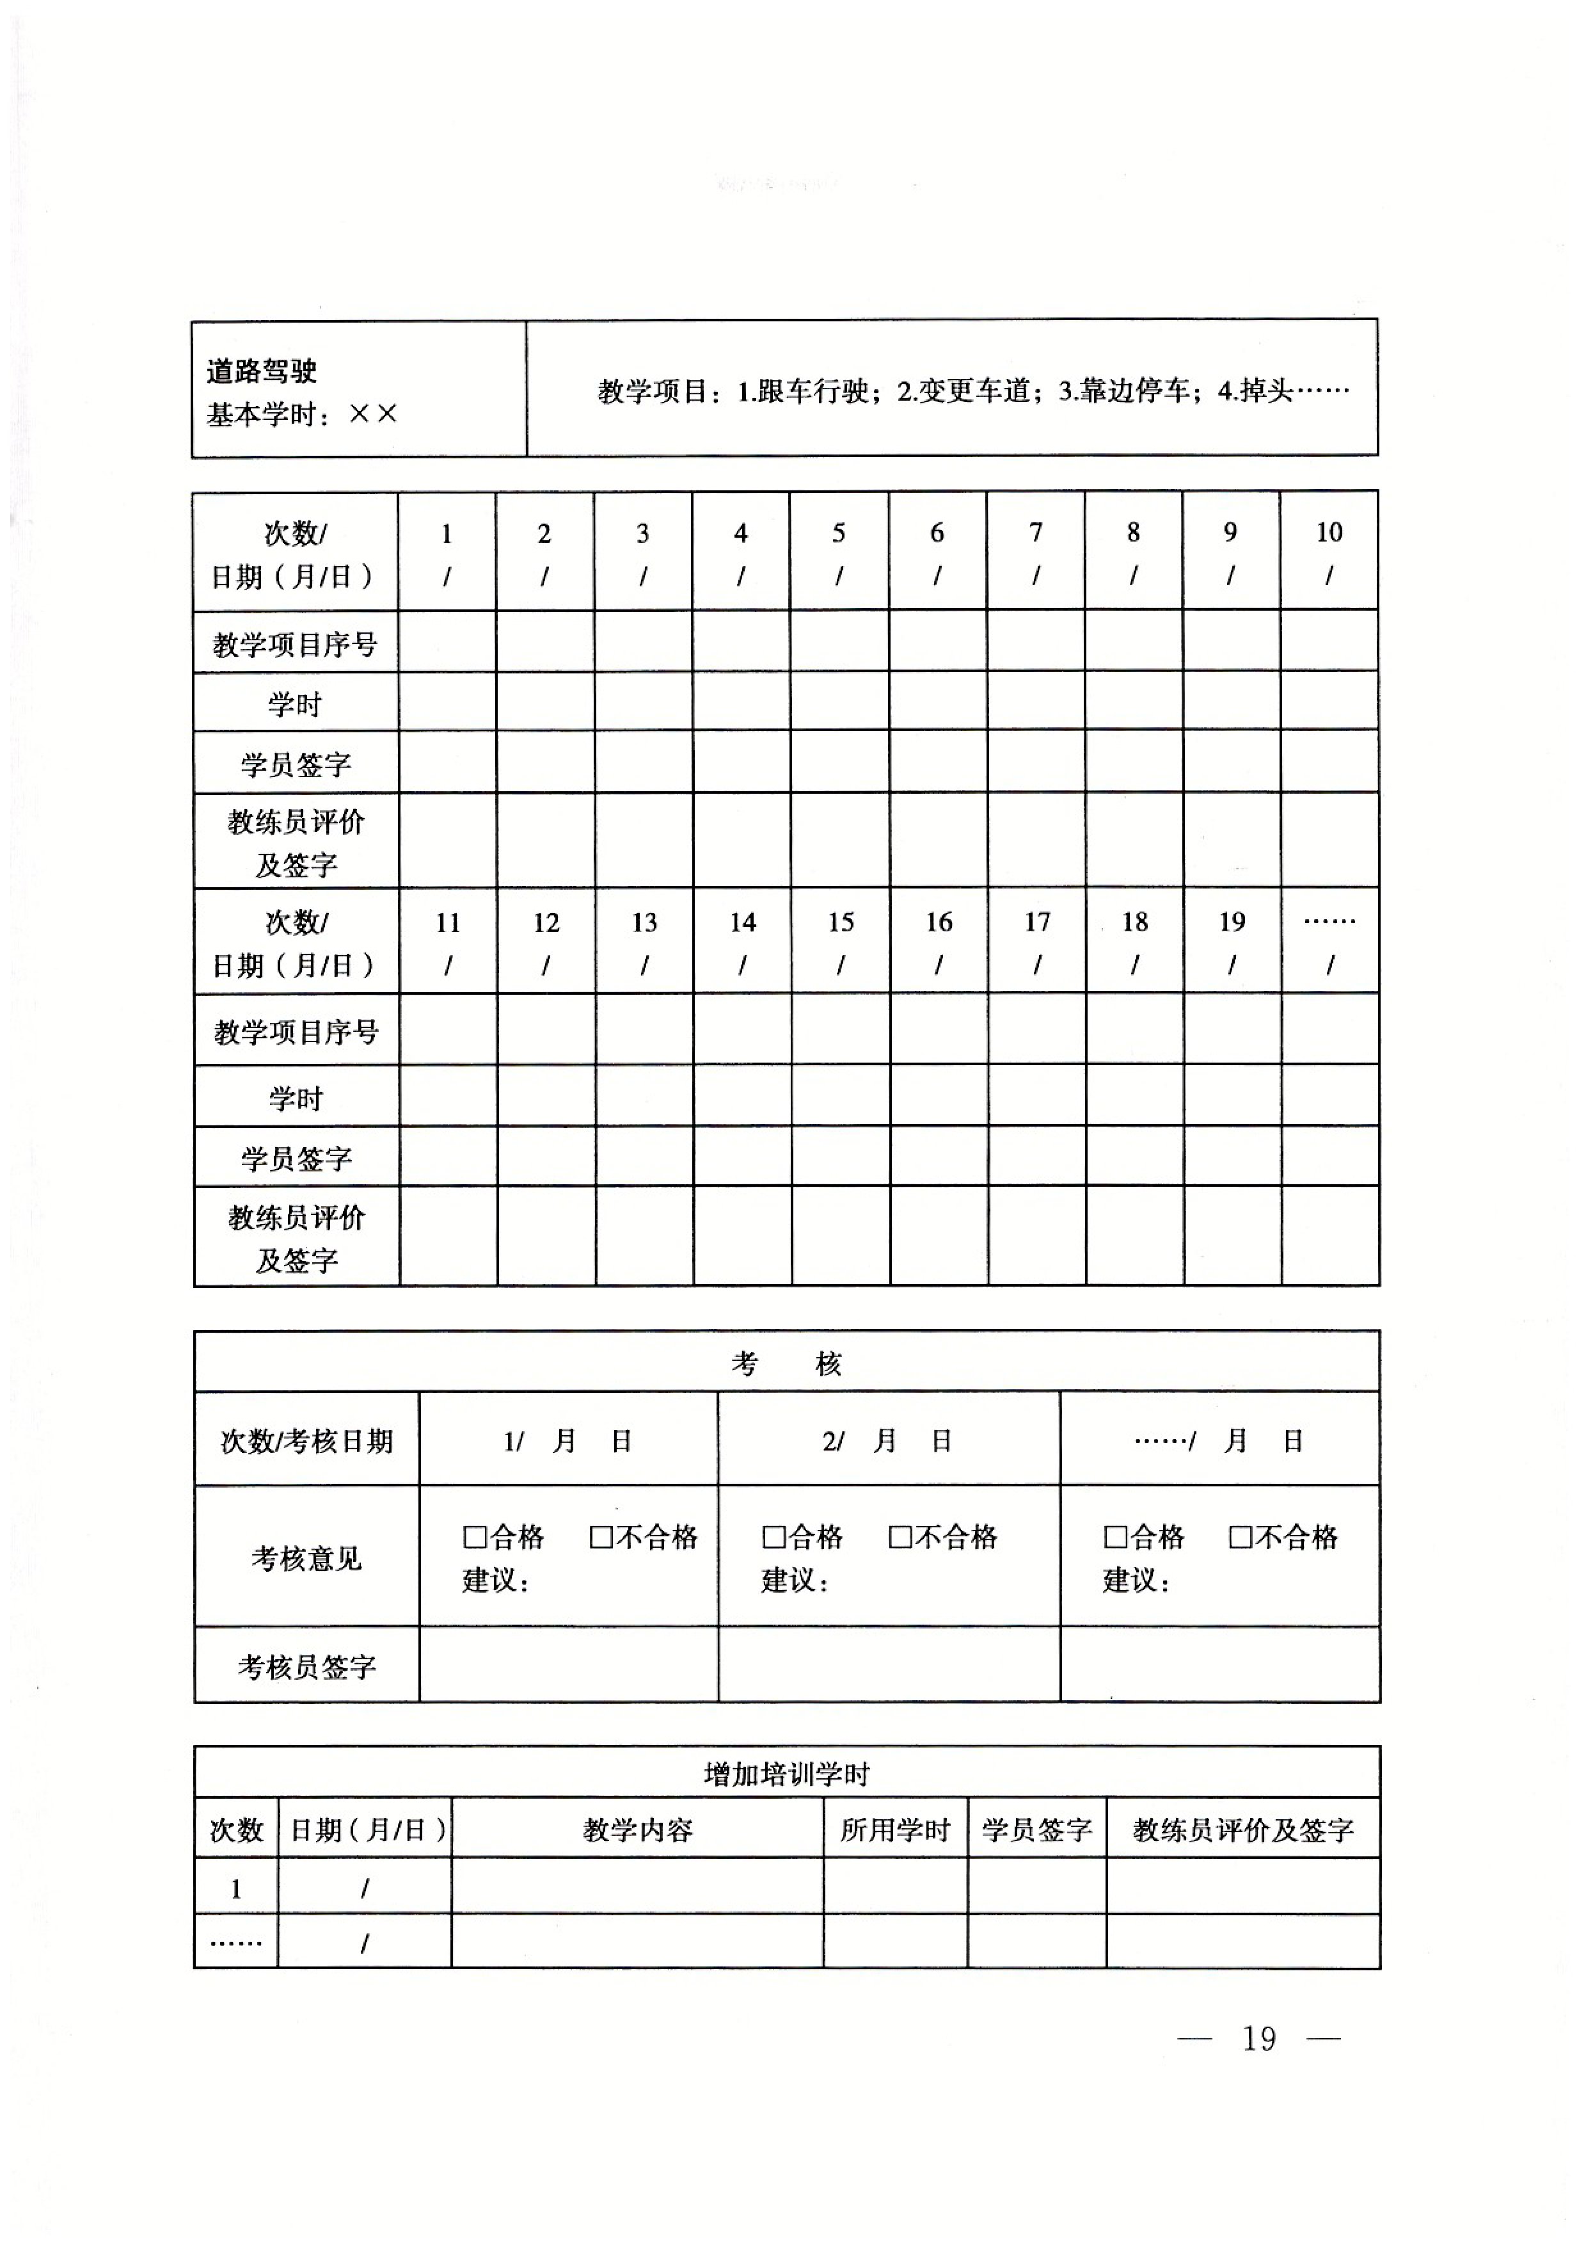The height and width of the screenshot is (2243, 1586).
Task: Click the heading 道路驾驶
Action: pos(262,371)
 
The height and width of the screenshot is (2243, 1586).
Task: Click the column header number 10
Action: pos(1329,533)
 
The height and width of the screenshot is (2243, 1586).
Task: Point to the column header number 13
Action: pos(644,923)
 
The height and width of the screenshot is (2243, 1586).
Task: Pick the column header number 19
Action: pos(1232,923)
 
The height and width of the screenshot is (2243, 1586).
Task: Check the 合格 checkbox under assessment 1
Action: pos(475,1538)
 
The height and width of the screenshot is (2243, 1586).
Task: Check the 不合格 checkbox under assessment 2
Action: pos(900,1538)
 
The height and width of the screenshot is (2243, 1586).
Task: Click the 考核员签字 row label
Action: pos(306,1668)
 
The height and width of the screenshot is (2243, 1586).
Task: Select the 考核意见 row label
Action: pos(306,1559)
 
